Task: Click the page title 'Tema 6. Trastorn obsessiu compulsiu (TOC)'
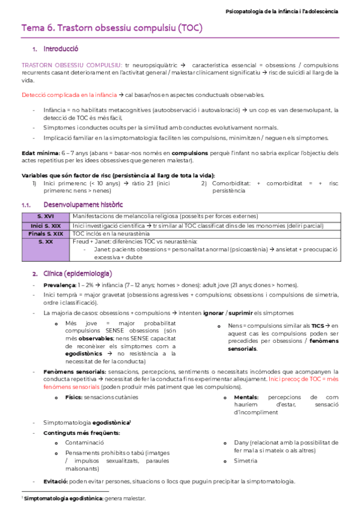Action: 112,28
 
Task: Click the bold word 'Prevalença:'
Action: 59,285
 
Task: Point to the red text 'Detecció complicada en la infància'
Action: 69,94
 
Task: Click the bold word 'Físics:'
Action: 74,398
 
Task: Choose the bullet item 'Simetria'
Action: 246,461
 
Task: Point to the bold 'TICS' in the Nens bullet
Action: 317,325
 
